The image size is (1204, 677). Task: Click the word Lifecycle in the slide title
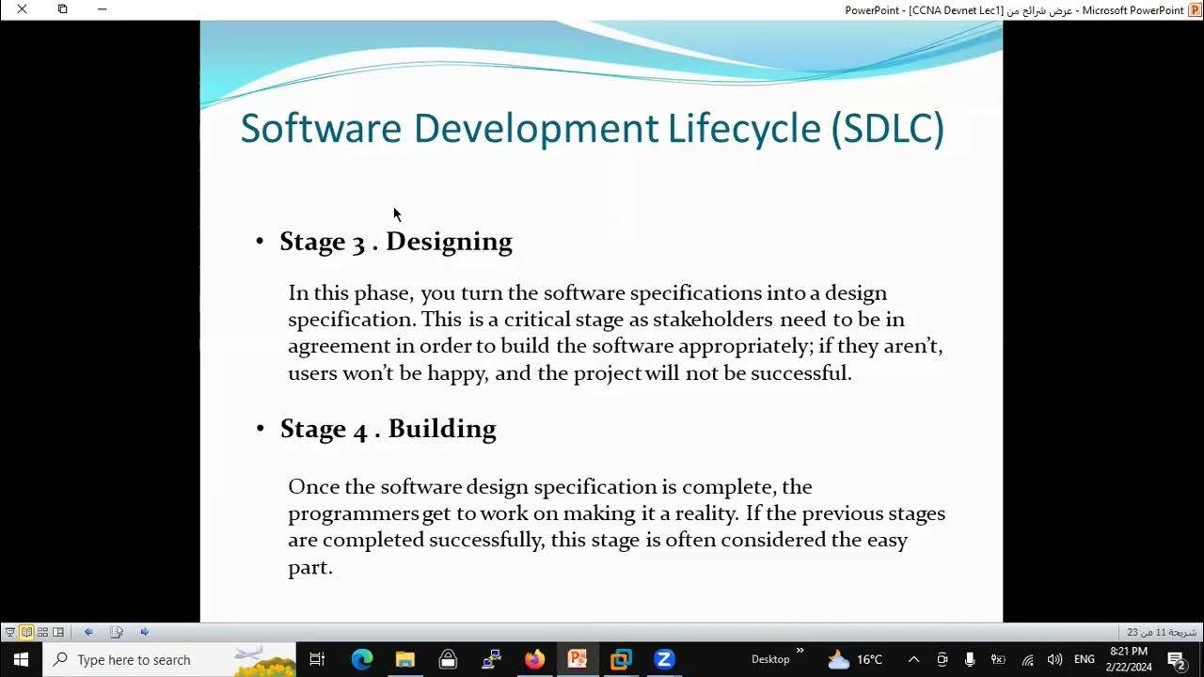coord(744,129)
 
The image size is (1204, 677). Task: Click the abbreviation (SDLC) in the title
coord(887,129)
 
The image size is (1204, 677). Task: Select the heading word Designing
coord(449,242)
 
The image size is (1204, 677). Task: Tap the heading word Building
coord(442,429)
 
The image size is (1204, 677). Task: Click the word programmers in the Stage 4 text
coord(354,513)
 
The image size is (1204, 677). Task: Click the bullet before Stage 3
coord(261,243)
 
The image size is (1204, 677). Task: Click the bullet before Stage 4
coord(261,430)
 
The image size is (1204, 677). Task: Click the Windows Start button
coord(21,659)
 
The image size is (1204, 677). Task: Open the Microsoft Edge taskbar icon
coord(362,659)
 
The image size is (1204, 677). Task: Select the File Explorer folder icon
coord(405,659)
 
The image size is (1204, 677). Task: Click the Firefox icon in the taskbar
coord(534,659)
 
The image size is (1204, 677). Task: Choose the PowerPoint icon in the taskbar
coord(578,659)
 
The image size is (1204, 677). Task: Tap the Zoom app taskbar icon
coord(664,659)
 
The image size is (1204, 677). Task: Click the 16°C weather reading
coord(869,660)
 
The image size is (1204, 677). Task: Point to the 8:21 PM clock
coord(1129,652)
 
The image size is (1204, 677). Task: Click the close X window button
coord(22,9)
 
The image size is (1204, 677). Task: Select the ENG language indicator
coord(1085,660)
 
